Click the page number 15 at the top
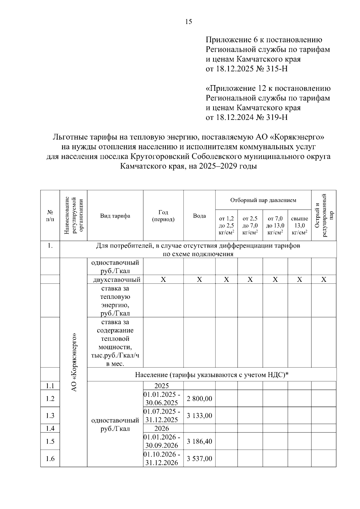(x=189, y=22)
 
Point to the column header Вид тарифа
(x=115, y=216)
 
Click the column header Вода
(x=199, y=216)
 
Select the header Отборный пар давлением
(x=263, y=200)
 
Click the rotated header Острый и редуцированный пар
(x=324, y=215)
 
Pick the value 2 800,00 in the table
(x=199, y=399)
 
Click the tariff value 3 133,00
(x=199, y=415)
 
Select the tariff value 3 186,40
(x=199, y=441)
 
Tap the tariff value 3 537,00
(x=199, y=459)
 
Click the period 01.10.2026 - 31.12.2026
(x=162, y=459)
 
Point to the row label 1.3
(x=50, y=415)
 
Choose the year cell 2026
(x=162, y=428)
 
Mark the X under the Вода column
(x=199, y=280)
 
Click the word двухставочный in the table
(x=117, y=280)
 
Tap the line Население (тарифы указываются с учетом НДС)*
(x=211, y=374)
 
